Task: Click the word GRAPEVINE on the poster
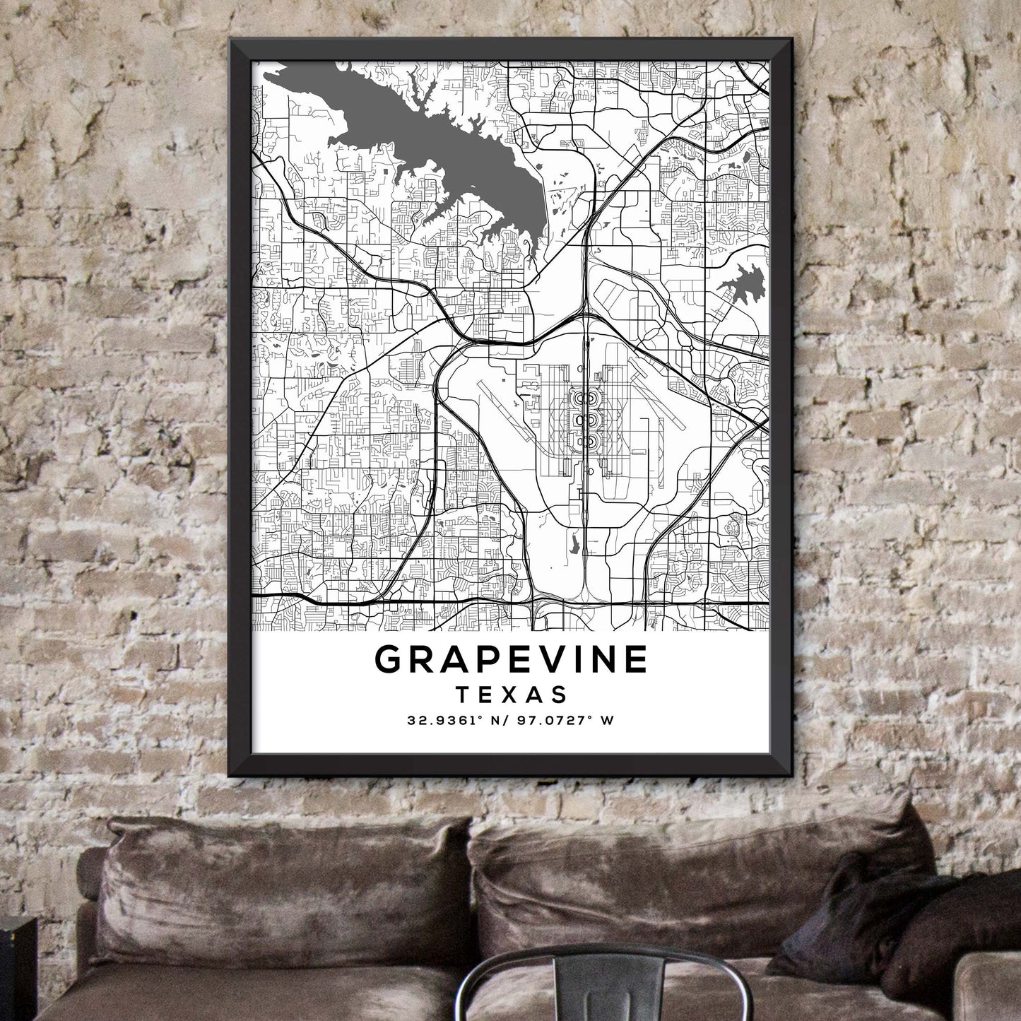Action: (511, 659)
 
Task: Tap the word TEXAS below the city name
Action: (511, 694)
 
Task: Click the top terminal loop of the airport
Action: (584, 399)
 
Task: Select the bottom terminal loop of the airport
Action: (584, 442)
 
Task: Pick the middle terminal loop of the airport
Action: (584, 420)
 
